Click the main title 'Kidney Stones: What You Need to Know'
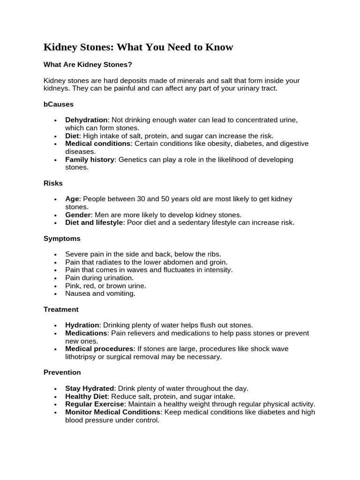point(138,47)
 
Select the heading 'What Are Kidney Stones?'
point(88,65)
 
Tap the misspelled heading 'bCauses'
point(59,104)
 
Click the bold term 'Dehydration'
point(86,120)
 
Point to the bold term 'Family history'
point(90,159)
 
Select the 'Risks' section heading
point(53,183)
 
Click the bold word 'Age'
point(73,199)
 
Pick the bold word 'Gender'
point(78,215)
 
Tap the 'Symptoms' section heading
point(62,239)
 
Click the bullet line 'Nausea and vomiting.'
point(100,293)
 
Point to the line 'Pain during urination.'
point(99,278)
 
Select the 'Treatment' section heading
point(61,309)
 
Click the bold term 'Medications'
point(87,333)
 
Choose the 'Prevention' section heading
point(62,372)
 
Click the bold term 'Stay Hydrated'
point(90,389)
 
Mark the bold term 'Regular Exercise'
point(95,404)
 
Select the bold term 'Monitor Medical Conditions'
point(113,412)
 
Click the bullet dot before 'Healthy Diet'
point(55,397)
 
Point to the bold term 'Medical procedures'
point(99,349)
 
